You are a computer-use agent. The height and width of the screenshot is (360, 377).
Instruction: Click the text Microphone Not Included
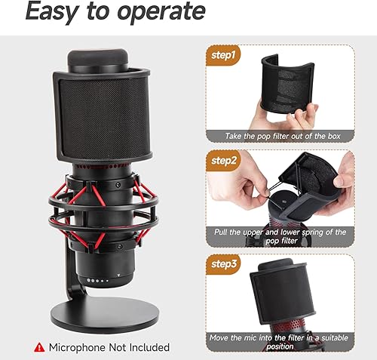[x=109, y=347]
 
